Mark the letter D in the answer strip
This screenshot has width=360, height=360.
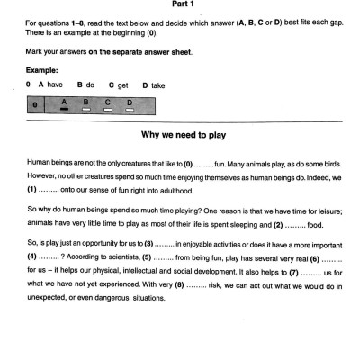pos(130,102)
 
